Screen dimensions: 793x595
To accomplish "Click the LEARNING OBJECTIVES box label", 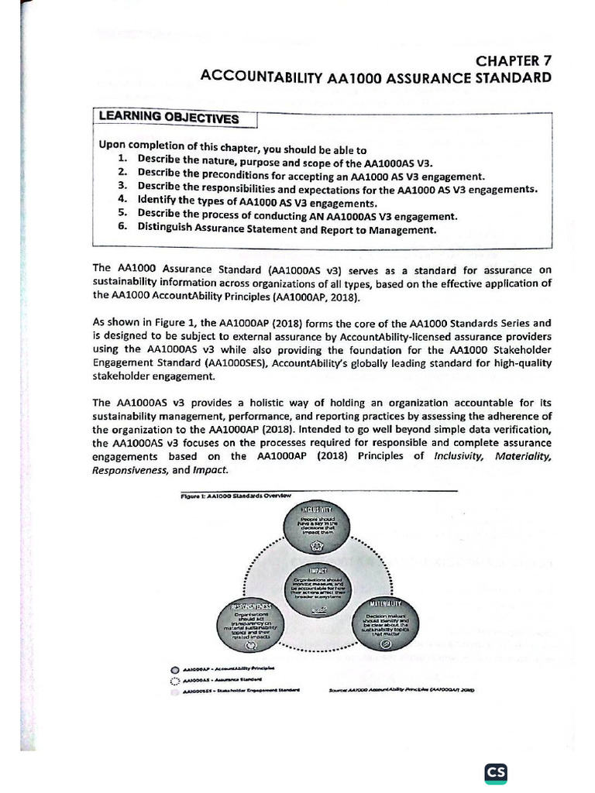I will pyautogui.click(x=167, y=118).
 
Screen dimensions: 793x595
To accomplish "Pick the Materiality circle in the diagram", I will pyautogui.click(x=387, y=624).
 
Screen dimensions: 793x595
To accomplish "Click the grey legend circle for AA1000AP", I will pyautogui.click(x=175, y=668).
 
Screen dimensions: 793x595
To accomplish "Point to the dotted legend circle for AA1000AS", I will pyautogui.click(x=175, y=679).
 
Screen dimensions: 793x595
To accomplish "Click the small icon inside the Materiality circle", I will pyautogui.click(x=387, y=645).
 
